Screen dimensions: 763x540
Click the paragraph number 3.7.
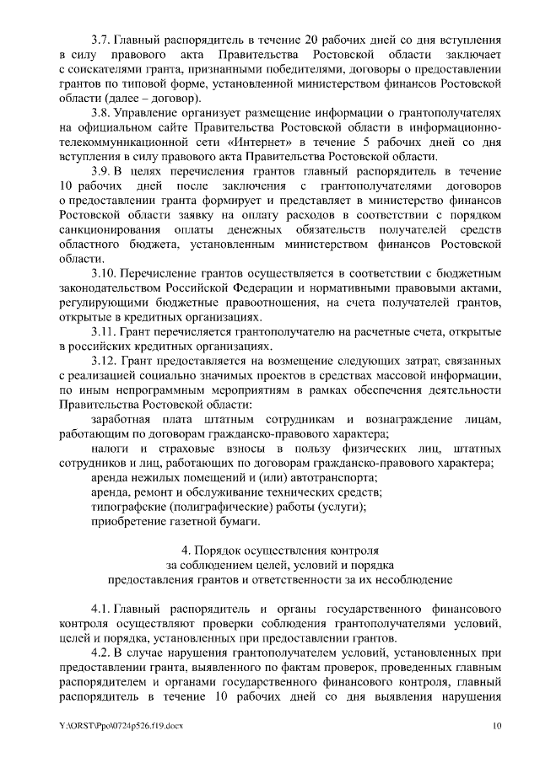[x=100, y=40]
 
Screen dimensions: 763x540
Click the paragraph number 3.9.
[x=100, y=172]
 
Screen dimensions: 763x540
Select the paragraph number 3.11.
[x=103, y=332]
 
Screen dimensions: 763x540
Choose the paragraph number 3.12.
[x=103, y=362]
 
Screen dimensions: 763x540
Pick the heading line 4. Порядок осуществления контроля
[x=269, y=551]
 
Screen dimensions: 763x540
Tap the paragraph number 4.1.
[x=100, y=608]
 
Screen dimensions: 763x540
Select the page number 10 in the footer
[x=498, y=726]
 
